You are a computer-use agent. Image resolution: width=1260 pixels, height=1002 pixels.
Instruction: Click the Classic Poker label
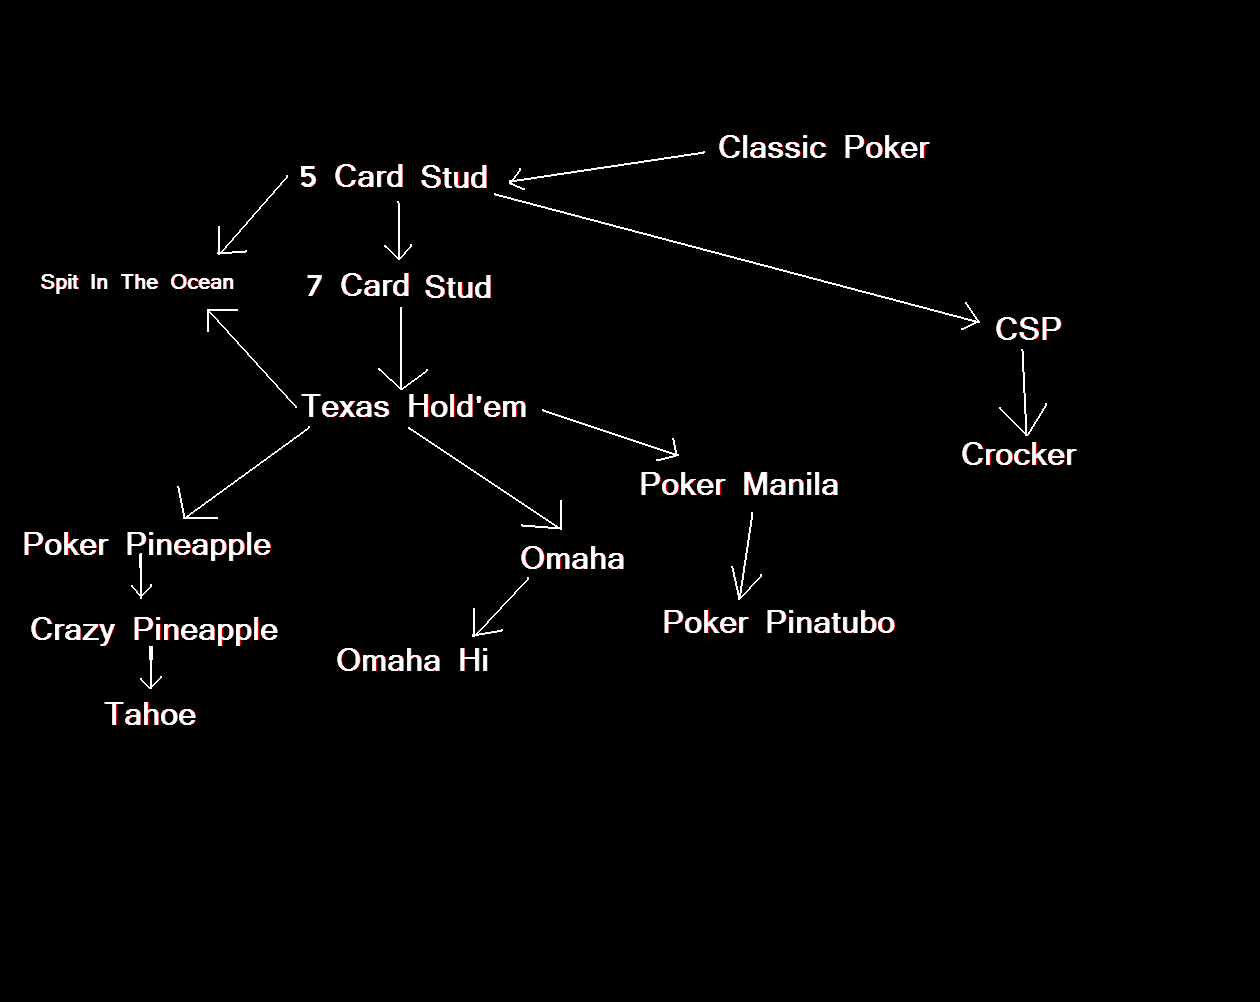pos(823,148)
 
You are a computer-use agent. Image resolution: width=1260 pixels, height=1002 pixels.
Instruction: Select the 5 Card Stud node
pos(394,177)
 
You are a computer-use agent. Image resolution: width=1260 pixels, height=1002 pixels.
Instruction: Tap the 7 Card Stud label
pos(399,286)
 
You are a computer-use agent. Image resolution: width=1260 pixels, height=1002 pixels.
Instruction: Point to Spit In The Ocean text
pos(137,282)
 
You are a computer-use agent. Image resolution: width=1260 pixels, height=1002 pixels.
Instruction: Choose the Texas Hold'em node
pos(414,406)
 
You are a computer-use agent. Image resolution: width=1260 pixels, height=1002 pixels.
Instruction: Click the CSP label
pos(1028,329)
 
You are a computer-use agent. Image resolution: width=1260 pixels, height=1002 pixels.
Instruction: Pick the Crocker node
pos(1018,455)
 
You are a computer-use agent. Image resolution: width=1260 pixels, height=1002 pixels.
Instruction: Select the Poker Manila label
pos(739,485)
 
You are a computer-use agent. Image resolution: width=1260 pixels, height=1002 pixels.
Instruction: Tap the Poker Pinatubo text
pos(778,623)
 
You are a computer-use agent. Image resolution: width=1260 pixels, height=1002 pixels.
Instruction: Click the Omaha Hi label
pos(412,661)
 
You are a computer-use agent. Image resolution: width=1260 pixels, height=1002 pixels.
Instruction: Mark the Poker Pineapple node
pos(147,545)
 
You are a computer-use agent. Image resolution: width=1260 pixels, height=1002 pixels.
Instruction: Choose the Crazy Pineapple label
pos(154,630)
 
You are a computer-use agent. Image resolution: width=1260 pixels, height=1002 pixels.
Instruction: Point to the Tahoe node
pos(150,715)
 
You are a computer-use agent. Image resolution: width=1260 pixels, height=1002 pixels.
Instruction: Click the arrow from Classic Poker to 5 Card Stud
pos(607,167)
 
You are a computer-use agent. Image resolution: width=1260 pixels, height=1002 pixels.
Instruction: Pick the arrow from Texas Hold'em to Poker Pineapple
pos(247,472)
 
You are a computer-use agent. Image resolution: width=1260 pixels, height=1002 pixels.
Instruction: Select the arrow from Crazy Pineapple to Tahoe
pos(151,667)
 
